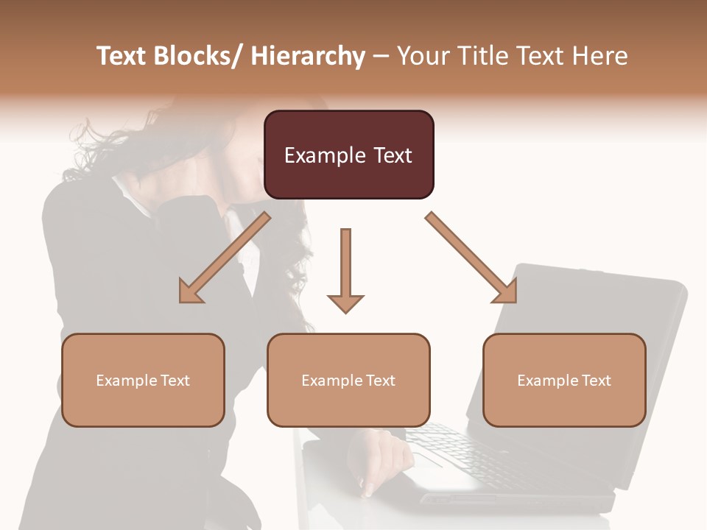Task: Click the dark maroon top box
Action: pyautogui.click(x=348, y=155)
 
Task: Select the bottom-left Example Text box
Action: pyautogui.click(x=143, y=380)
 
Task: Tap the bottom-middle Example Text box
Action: pyautogui.click(x=348, y=380)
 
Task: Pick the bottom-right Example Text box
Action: pyautogui.click(x=564, y=380)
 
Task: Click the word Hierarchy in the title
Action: pyautogui.click(x=307, y=56)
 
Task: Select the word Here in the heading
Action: pyautogui.click(x=601, y=56)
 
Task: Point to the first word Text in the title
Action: pyautogui.click(x=122, y=56)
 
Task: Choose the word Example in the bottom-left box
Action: pyautogui.click(x=125, y=381)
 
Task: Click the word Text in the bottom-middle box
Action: pyautogui.click(x=379, y=381)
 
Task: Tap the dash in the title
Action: pyautogui.click(x=381, y=56)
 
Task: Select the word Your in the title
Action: pyautogui.click(x=423, y=56)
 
